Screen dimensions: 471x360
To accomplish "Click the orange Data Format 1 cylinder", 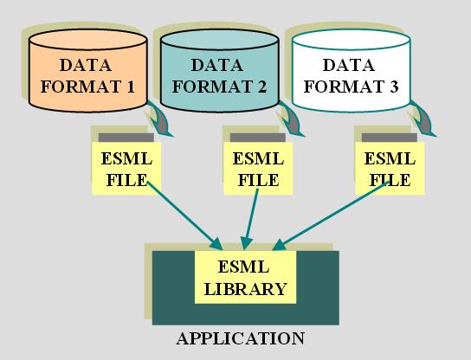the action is [x=88, y=71].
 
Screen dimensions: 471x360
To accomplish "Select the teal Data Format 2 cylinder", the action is [x=220, y=71].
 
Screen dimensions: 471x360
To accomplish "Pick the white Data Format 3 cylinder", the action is [x=352, y=71].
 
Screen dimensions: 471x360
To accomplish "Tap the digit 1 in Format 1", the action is [x=131, y=87].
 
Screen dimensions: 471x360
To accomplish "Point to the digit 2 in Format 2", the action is [x=261, y=87].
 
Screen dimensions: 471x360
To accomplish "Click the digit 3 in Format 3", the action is [x=393, y=87].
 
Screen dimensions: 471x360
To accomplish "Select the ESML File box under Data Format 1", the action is [x=126, y=169].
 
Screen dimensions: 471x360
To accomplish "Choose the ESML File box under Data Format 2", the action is [x=258, y=169].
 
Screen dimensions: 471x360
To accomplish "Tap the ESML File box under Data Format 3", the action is [x=390, y=169].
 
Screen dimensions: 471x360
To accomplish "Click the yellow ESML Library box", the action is [x=245, y=277].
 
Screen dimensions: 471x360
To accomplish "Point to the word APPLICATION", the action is [x=241, y=338].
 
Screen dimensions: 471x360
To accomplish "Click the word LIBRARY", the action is [x=245, y=288].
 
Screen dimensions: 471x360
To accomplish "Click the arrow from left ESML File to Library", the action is [x=184, y=215].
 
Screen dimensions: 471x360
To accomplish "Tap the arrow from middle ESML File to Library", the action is [x=251, y=219].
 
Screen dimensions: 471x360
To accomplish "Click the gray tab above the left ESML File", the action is [x=126, y=138].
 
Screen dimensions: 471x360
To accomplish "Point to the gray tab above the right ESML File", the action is [x=390, y=138].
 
